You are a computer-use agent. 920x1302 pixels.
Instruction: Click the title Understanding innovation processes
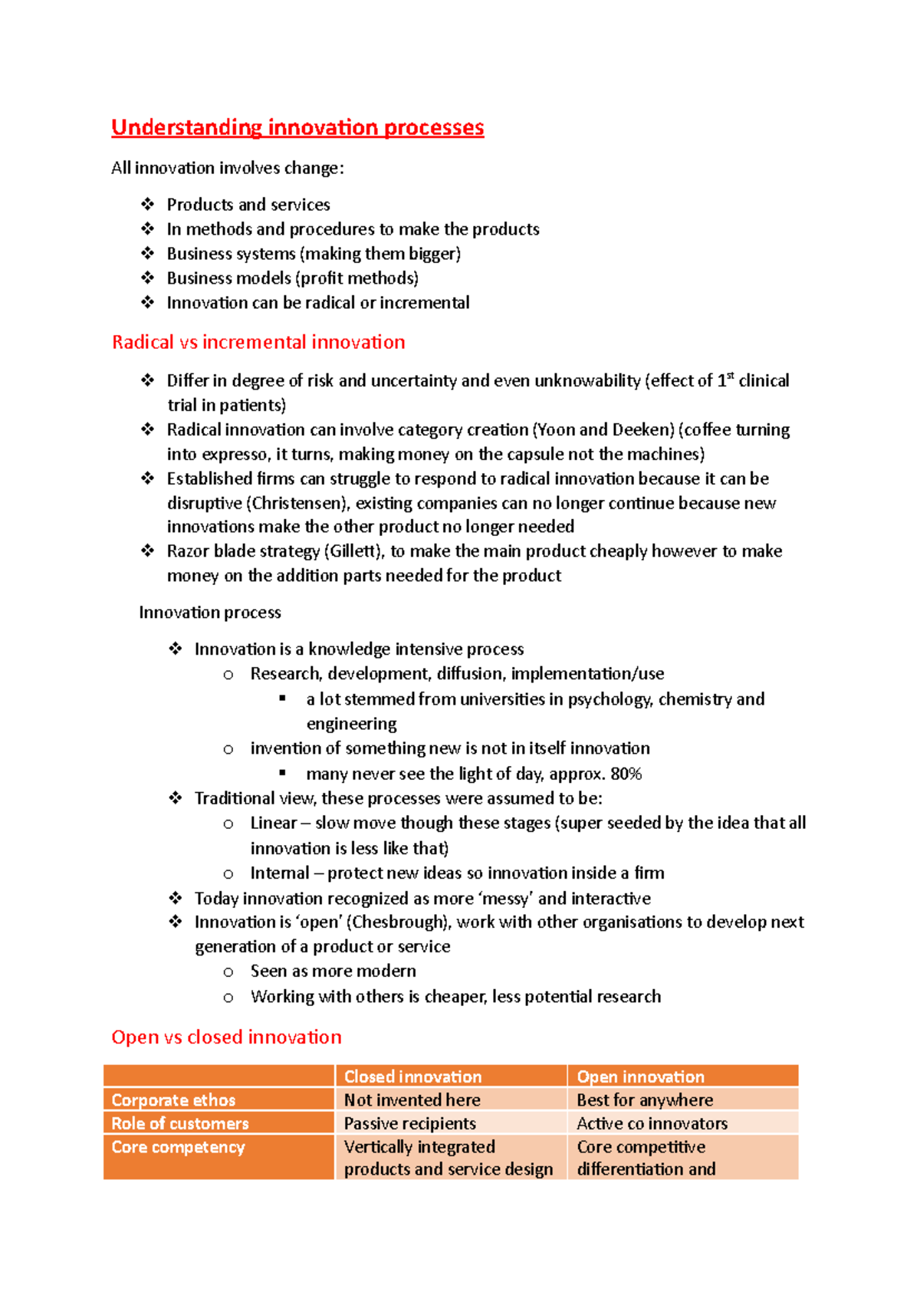297,127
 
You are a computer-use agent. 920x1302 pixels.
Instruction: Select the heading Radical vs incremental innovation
258,342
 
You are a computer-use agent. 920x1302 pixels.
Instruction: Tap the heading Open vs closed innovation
226,1037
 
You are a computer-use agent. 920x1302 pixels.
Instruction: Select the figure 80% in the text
626,774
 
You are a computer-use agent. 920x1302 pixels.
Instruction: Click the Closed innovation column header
412,1077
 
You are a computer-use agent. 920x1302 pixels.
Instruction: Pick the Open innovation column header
640,1077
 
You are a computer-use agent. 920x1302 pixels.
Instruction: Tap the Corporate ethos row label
173,1100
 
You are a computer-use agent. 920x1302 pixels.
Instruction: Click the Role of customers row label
180,1123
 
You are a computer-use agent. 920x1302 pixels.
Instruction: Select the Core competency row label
178,1147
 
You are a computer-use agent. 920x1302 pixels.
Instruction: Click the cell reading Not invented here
412,1100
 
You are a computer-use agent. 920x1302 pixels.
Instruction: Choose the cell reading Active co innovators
652,1123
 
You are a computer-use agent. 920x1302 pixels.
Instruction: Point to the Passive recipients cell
409,1123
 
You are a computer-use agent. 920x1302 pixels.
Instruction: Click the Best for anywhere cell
645,1100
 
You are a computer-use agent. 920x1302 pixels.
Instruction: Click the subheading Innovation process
210,613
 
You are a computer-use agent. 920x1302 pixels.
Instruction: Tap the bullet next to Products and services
148,205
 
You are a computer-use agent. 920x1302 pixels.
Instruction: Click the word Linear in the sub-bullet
273,824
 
